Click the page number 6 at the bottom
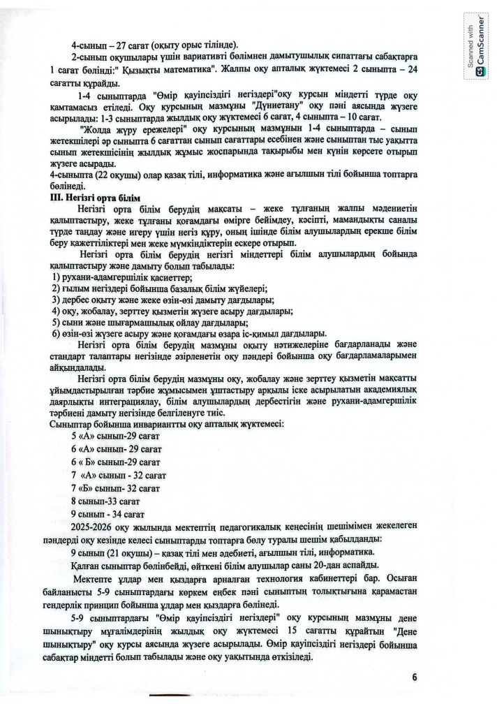pyautogui.click(x=414, y=676)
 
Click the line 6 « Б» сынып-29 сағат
pyautogui.click(x=117, y=462)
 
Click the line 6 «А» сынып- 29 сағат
pyautogui.click(x=117, y=448)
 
